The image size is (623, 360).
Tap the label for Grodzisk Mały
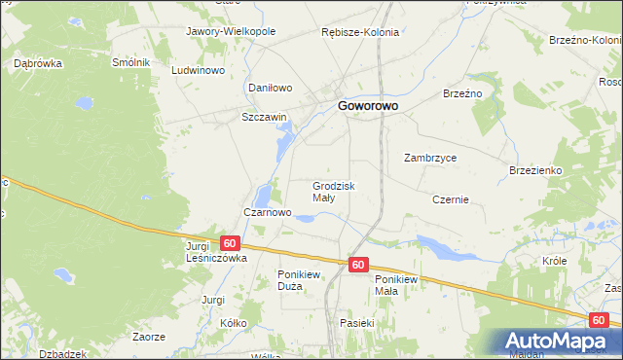[x=334, y=191]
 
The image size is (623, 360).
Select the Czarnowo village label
[x=267, y=212]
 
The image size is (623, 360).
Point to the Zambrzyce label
[x=430, y=158]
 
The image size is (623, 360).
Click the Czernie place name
[x=451, y=199]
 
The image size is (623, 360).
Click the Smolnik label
[x=130, y=62]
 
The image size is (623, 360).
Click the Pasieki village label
[x=357, y=322]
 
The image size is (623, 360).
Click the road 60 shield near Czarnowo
[x=229, y=243]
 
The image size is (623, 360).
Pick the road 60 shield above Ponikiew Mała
[x=358, y=265]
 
